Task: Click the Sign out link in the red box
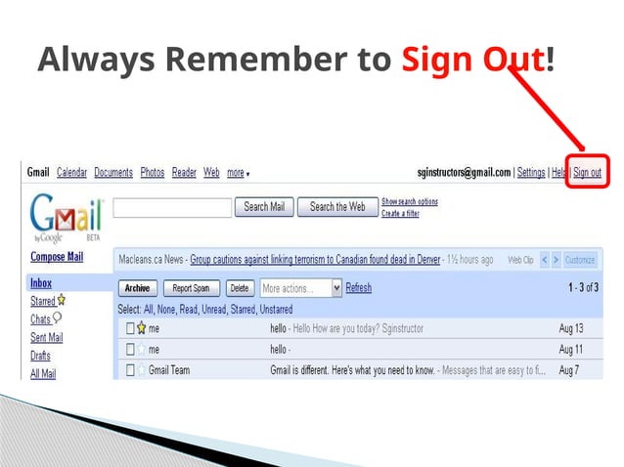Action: (x=587, y=173)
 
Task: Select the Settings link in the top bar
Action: (x=531, y=173)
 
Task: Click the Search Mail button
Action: (x=263, y=207)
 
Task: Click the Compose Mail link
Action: (x=57, y=257)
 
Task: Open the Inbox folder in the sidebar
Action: (x=41, y=283)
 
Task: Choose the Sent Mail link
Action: (x=46, y=337)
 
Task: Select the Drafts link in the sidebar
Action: (x=40, y=356)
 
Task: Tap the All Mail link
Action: (x=43, y=373)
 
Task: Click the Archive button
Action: (x=137, y=288)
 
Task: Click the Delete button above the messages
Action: (x=239, y=288)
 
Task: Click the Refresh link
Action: (x=359, y=288)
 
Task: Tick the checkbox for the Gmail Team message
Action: (x=128, y=370)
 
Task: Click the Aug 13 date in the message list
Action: (x=571, y=328)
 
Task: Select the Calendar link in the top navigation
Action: (x=72, y=173)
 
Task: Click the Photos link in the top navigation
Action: (x=152, y=173)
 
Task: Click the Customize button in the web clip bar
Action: (x=580, y=260)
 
